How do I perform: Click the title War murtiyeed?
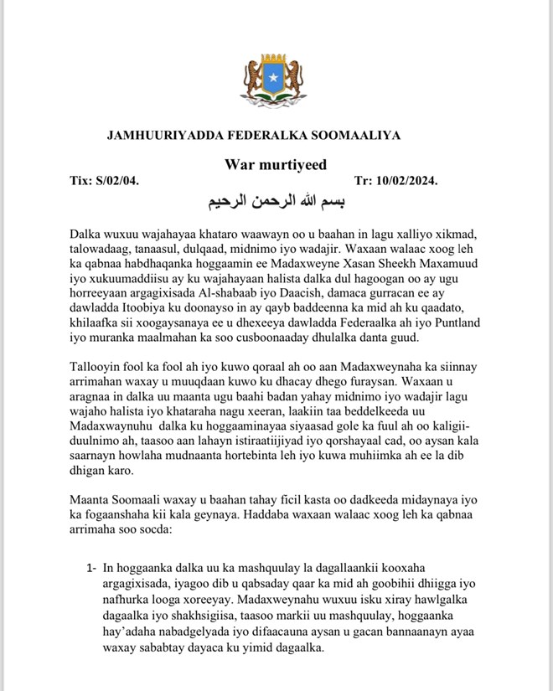coord(275,164)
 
